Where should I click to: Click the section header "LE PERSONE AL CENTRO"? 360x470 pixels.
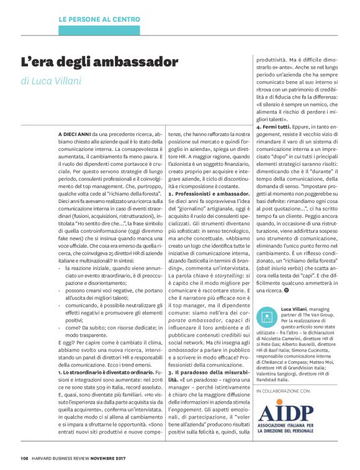99,20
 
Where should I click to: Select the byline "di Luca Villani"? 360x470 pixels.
51,81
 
